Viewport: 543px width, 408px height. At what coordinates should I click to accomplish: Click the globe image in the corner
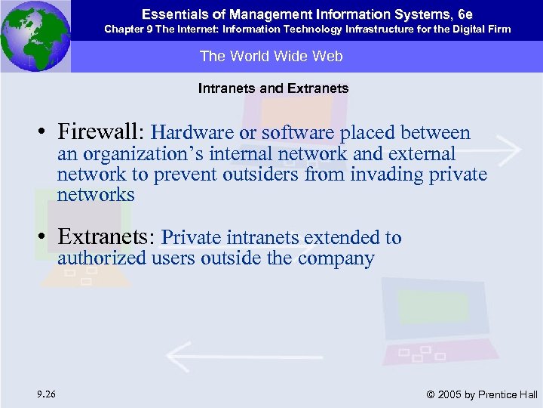[35, 36]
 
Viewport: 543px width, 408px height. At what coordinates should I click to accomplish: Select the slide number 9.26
[44, 394]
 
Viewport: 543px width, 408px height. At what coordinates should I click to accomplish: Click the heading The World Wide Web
[271, 57]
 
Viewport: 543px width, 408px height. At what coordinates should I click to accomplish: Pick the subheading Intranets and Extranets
[273, 88]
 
